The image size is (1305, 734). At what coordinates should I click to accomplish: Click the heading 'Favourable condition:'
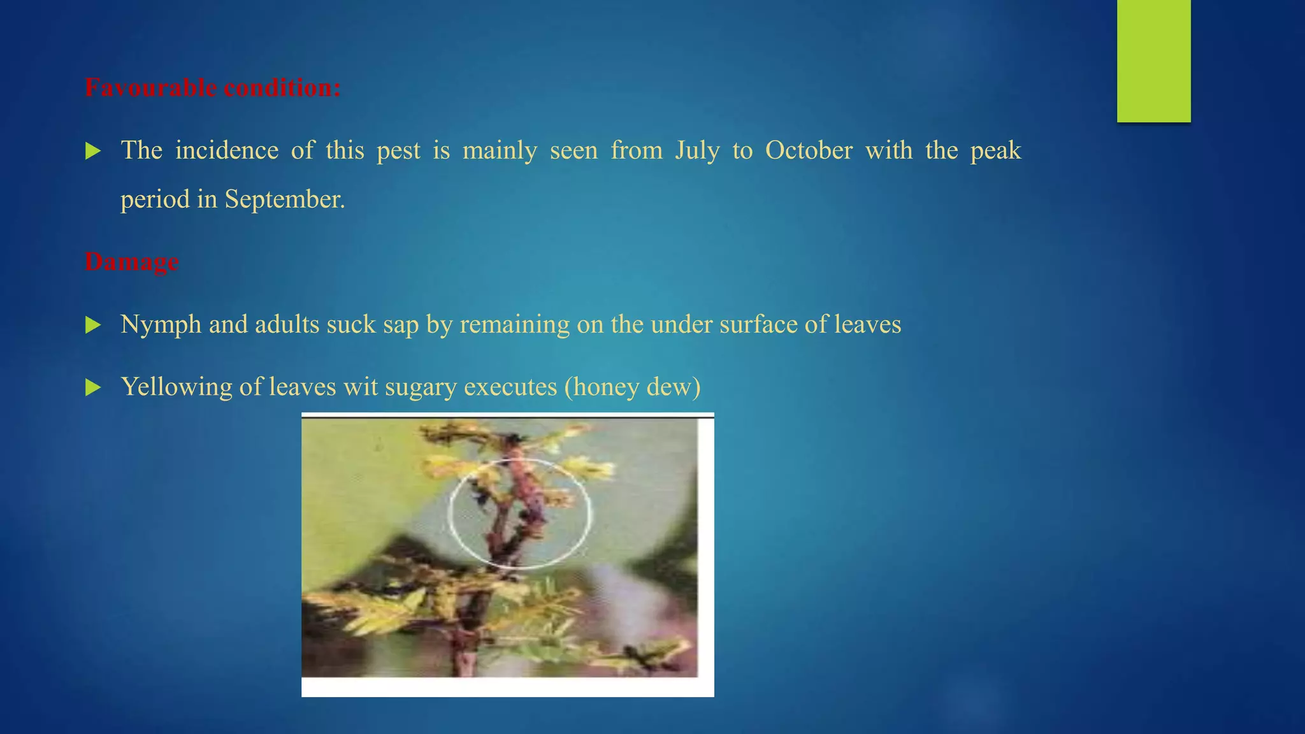tap(213, 88)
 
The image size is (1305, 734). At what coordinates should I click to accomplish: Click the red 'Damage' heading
tap(132, 262)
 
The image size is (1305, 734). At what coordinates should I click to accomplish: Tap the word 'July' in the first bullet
tap(697, 151)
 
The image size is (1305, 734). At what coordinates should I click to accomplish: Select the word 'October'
tap(809, 151)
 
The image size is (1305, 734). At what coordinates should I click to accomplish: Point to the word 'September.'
tap(284, 199)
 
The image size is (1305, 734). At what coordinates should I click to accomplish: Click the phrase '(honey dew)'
tap(632, 387)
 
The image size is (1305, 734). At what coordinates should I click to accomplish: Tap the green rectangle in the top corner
tap(1153, 61)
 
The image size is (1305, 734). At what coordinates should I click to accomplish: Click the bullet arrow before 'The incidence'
tap(93, 152)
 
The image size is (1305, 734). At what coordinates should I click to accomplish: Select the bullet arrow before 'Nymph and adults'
tap(93, 326)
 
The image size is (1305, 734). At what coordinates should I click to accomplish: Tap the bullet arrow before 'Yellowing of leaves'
tap(93, 387)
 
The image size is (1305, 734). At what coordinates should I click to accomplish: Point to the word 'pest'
tap(398, 151)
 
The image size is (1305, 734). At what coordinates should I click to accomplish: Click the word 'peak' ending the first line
tap(995, 151)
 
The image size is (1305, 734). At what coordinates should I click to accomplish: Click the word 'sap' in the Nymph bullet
tap(401, 325)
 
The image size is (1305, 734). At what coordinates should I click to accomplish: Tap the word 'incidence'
tap(227, 151)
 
